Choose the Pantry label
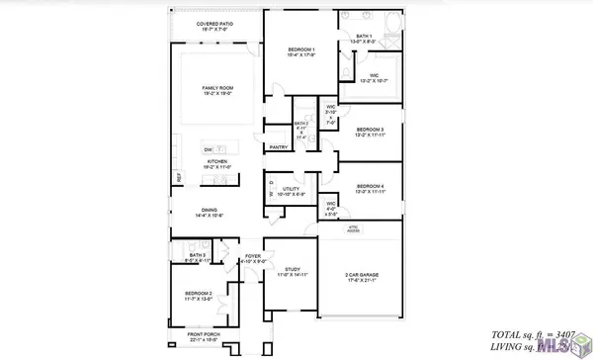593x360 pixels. point(278,146)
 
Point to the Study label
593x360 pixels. point(292,271)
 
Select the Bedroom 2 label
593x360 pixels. point(199,296)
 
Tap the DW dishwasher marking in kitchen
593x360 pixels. point(209,148)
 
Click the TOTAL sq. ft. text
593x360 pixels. point(527,335)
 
